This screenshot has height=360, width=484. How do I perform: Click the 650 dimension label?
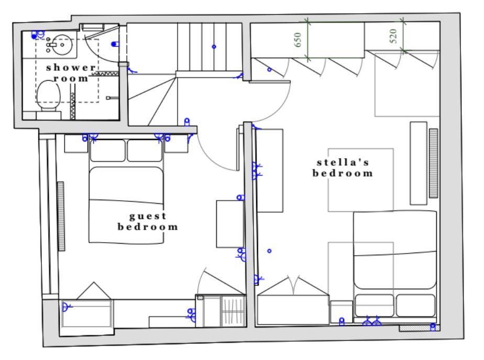pyautogui.click(x=298, y=40)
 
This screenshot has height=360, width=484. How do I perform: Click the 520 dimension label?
pyautogui.click(x=393, y=36)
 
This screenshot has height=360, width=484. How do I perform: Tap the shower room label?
pyautogui.click(x=71, y=73)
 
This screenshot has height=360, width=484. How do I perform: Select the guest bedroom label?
pyautogui.click(x=148, y=221)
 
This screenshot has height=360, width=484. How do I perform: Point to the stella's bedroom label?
pyautogui.click(x=343, y=168)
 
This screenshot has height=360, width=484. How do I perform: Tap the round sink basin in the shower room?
pyautogui.click(x=62, y=45)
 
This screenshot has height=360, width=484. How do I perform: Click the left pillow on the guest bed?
pyautogui.click(x=108, y=150)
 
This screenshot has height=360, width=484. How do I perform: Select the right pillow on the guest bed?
pyautogui.click(x=145, y=150)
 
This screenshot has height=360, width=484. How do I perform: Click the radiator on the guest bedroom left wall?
pyautogui.click(x=61, y=216)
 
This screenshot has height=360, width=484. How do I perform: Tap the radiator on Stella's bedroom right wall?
pyautogui.click(x=433, y=163)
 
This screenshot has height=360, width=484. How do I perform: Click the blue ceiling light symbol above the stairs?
pyautogui.click(x=214, y=47)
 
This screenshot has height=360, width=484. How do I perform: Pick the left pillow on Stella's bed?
pyautogui.click(x=375, y=306)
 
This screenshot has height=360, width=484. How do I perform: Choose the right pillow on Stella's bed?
pyautogui.click(x=415, y=306)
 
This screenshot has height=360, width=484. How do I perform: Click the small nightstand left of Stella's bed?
pyautogui.click(x=341, y=312)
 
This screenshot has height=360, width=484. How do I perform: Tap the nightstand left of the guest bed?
pyautogui.click(x=76, y=144)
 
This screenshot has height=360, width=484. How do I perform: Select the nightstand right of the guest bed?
pyautogui.click(x=176, y=144)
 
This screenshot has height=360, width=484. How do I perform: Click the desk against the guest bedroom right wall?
pyautogui.click(x=230, y=224)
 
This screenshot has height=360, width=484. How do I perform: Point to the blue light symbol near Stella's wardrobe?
pyautogui.click(x=269, y=70)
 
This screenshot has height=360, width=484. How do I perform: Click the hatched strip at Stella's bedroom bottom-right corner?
pyautogui.click(x=420, y=328)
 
